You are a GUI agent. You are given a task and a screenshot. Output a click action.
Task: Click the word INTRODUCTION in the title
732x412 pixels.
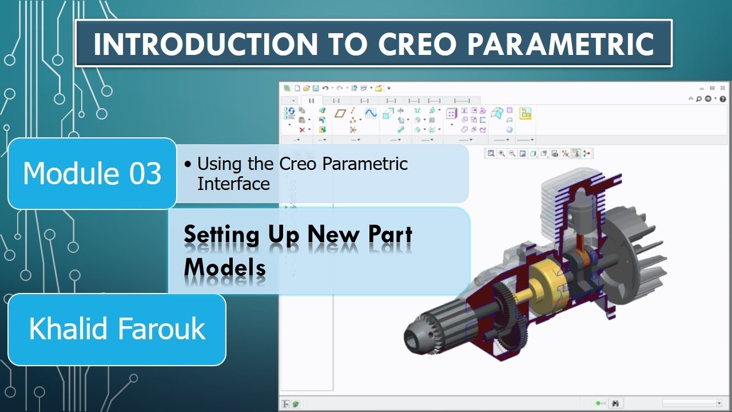coord(204,45)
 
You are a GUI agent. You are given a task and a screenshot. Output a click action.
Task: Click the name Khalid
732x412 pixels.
coord(65,329)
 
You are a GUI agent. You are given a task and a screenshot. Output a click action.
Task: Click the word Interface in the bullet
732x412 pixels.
coord(233,184)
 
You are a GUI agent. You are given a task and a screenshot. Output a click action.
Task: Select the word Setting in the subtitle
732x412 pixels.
coord(221,235)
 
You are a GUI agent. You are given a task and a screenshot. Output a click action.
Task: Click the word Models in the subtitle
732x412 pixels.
coord(225,267)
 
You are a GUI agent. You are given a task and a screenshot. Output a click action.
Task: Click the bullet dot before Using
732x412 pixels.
coord(188,165)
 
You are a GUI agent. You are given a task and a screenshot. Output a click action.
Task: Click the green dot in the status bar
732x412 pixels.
coord(598,403)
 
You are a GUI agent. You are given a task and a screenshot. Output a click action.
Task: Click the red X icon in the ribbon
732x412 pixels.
coord(302,130)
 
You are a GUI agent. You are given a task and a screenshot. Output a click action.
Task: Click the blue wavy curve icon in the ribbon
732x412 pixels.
coord(371,113)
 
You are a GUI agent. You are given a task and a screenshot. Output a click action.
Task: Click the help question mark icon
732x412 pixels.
coord(723,99)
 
